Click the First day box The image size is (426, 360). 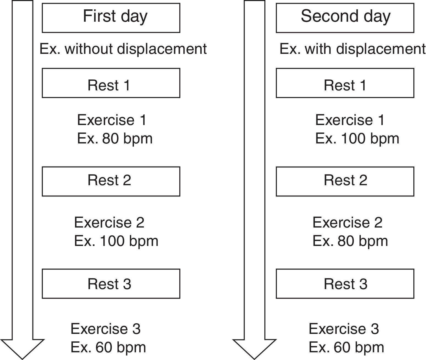pyautogui.click(x=111, y=18)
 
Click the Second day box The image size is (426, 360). pyautogui.click(x=345, y=18)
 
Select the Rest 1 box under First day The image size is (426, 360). pyautogui.click(x=111, y=83)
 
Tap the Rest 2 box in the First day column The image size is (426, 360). pyautogui.click(x=111, y=181)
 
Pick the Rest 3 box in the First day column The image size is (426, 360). pyautogui.click(x=111, y=284)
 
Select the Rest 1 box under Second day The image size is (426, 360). pyautogui.click(x=345, y=83)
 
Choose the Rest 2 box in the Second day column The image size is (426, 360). pyautogui.click(x=345, y=181)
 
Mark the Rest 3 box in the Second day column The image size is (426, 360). pyautogui.click(x=345, y=284)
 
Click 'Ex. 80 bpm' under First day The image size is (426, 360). pyautogui.click(x=115, y=139)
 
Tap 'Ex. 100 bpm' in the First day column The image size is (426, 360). pyautogui.click(x=116, y=241)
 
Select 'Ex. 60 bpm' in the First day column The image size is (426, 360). pyautogui.click(x=108, y=347)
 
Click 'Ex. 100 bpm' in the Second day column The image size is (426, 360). pyautogui.click(x=357, y=139)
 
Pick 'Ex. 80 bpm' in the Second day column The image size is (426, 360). pyautogui.click(x=350, y=241)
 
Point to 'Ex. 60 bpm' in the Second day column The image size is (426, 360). pyautogui.click(x=346, y=347)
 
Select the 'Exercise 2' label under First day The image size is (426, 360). pyautogui.click(x=109, y=222)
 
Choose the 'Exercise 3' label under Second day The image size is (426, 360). pyautogui.click(x=344, y=329)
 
